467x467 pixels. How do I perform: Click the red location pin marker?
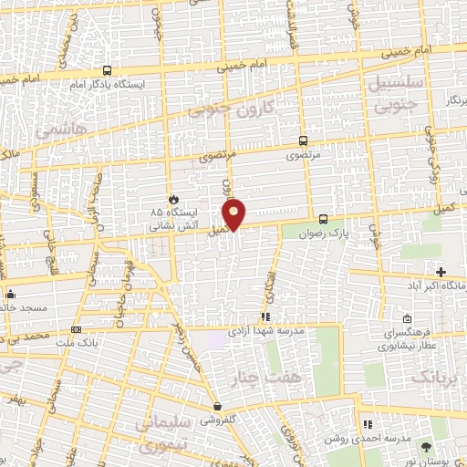point(234,213)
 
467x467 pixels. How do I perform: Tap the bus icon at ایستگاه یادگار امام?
point(108,70)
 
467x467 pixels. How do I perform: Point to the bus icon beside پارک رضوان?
point(324,219)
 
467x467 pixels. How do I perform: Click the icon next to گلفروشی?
point(217,407)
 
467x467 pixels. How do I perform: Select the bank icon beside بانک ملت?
point(76,329)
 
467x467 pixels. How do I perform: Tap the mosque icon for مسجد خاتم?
point(10,294)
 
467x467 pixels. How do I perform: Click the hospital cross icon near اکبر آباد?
point(441,272)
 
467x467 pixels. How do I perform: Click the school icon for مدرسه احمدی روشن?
point(367,424)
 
